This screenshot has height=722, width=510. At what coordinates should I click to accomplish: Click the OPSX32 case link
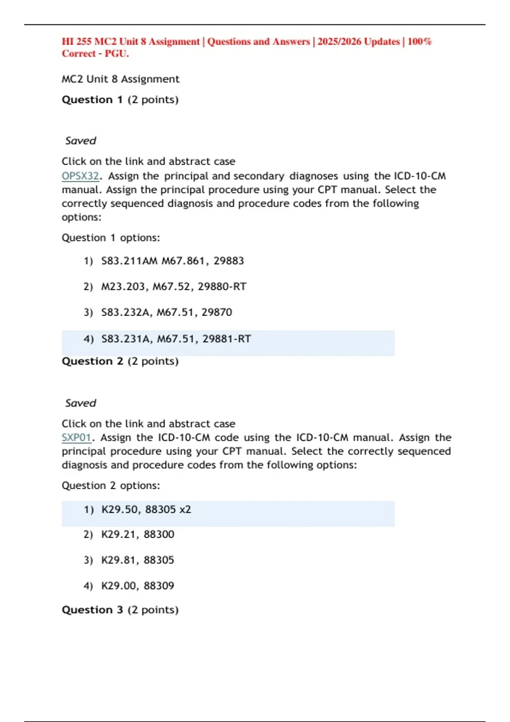[x=80, y=176]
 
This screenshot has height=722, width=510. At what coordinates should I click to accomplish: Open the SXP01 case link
[x=76, y=437]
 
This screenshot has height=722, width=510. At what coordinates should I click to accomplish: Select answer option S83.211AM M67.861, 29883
[x=172, y=261]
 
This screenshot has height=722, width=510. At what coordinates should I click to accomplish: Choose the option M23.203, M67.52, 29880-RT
[x=173, y=287]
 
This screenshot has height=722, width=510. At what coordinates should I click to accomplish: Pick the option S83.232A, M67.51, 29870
[x=166, y=312]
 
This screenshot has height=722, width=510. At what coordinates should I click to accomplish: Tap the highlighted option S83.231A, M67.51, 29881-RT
[x=176, y=339]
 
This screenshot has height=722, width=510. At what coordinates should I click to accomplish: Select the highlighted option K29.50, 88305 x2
[x=146, y=509]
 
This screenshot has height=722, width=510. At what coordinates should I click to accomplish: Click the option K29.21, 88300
[x=137, y=534]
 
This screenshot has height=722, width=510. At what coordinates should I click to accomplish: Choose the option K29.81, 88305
[x=137, y=560]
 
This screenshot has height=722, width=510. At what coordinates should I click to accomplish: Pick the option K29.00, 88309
[x=137, y=586]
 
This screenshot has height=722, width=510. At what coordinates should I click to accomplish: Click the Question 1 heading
[x=120, y=100]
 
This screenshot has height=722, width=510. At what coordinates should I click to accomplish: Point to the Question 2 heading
[x=120, y=361]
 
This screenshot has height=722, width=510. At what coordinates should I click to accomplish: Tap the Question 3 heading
[x=120, y=610]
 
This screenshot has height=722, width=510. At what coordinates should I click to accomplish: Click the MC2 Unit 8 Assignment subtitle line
[x=120, y=79]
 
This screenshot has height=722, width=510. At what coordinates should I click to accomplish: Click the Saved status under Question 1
[x=80, y=141]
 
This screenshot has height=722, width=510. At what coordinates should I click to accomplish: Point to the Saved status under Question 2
[x=80, y=403]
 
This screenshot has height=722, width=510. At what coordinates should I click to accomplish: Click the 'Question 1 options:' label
[x=110, y=238]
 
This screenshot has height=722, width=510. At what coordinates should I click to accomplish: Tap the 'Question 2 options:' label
[x=110, y=485]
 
